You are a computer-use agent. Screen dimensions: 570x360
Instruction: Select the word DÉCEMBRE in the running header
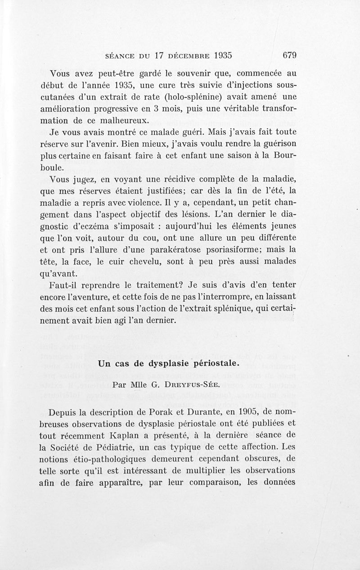pyautogui.click(x=193, y=56)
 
